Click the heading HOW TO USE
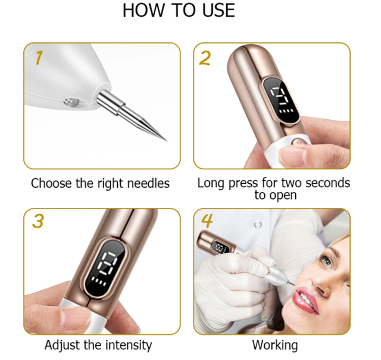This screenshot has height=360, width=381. pos(179,10)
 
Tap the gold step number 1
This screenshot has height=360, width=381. pos(39,58)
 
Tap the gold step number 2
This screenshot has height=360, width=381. pos(205,58)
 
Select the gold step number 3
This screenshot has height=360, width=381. pos(38,221)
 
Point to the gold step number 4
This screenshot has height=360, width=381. pos(207,221)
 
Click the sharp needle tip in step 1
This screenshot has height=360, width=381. pos(166,140)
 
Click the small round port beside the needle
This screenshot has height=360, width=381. pos(71,102)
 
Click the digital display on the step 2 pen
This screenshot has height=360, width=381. pos(281,100)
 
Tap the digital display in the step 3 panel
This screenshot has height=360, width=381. pos(107,268)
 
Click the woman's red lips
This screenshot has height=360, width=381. pos(305,299)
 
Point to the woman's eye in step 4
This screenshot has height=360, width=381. pos(327,261)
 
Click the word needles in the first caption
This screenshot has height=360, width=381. pos(148,184)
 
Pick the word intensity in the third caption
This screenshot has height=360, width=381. pos(129,346)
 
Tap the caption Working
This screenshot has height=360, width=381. pos(275,346)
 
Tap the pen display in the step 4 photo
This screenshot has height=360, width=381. pos(221,247)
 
